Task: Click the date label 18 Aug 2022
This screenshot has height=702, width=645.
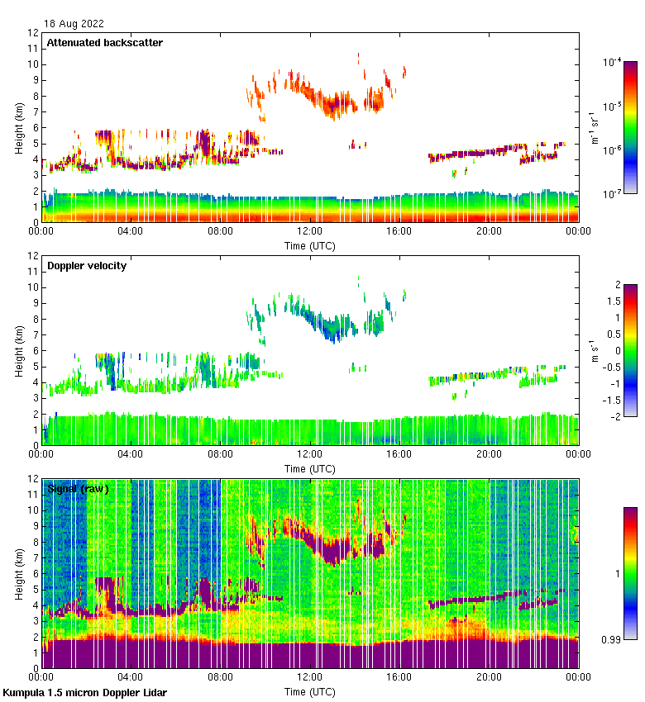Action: pyautogui.click(x=74, y=23)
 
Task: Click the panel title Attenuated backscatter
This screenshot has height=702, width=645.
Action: pyautogui.click(x=105, y=43)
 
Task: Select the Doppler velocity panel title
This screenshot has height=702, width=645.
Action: pyautogui.click(x=87, y=266)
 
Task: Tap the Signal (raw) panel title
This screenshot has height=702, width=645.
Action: pyautogui.click(x=79, y=489)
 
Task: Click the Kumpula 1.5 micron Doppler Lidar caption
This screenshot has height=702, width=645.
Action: pyautogui.click(x=84, y=692)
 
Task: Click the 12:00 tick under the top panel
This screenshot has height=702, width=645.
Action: pyautogui.click(x=310, y=232)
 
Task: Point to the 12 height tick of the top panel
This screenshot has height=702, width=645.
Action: pyautogui.click(x=33, y=33)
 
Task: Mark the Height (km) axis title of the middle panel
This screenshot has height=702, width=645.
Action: pyautogui.click(x=18, y=350)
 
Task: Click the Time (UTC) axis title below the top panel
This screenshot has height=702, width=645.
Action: pyautogui.click(x=310, y=245)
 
